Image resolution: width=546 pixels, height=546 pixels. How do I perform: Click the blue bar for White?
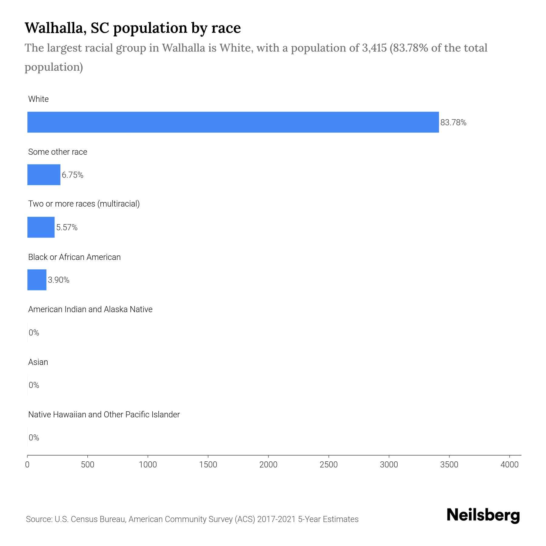[233, 122]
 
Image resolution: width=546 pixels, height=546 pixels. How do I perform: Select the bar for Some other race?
[44, 175]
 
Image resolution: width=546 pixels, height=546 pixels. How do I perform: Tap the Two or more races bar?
[41, 227]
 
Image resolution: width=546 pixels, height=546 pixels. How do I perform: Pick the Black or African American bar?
[37, 280]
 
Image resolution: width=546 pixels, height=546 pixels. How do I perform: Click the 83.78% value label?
[453, 123]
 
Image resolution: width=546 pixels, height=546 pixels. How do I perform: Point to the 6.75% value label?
[72, 175]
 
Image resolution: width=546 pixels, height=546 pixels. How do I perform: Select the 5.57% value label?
[67, 227]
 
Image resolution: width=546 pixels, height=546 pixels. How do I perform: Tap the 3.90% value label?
[59, 280]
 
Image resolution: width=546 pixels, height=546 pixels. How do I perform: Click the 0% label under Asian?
[34, 385]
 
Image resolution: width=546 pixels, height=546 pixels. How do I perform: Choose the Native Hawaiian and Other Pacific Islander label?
[104, 414]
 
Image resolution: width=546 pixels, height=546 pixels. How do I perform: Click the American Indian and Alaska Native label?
[90, 309]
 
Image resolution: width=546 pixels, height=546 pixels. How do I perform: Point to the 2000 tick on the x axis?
[268, 465]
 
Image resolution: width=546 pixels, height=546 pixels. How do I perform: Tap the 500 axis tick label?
[88, 465]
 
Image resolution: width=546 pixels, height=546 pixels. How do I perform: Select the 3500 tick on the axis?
[449, 465]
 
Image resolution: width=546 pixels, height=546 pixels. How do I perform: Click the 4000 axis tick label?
[509, 465]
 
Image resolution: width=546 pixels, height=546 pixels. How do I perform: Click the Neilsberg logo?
[483, 515]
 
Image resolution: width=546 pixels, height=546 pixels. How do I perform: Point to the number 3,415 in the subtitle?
[374, 48]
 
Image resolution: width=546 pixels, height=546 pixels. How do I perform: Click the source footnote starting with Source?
[192, 519]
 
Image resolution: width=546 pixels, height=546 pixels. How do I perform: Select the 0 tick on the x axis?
[27, 465]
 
